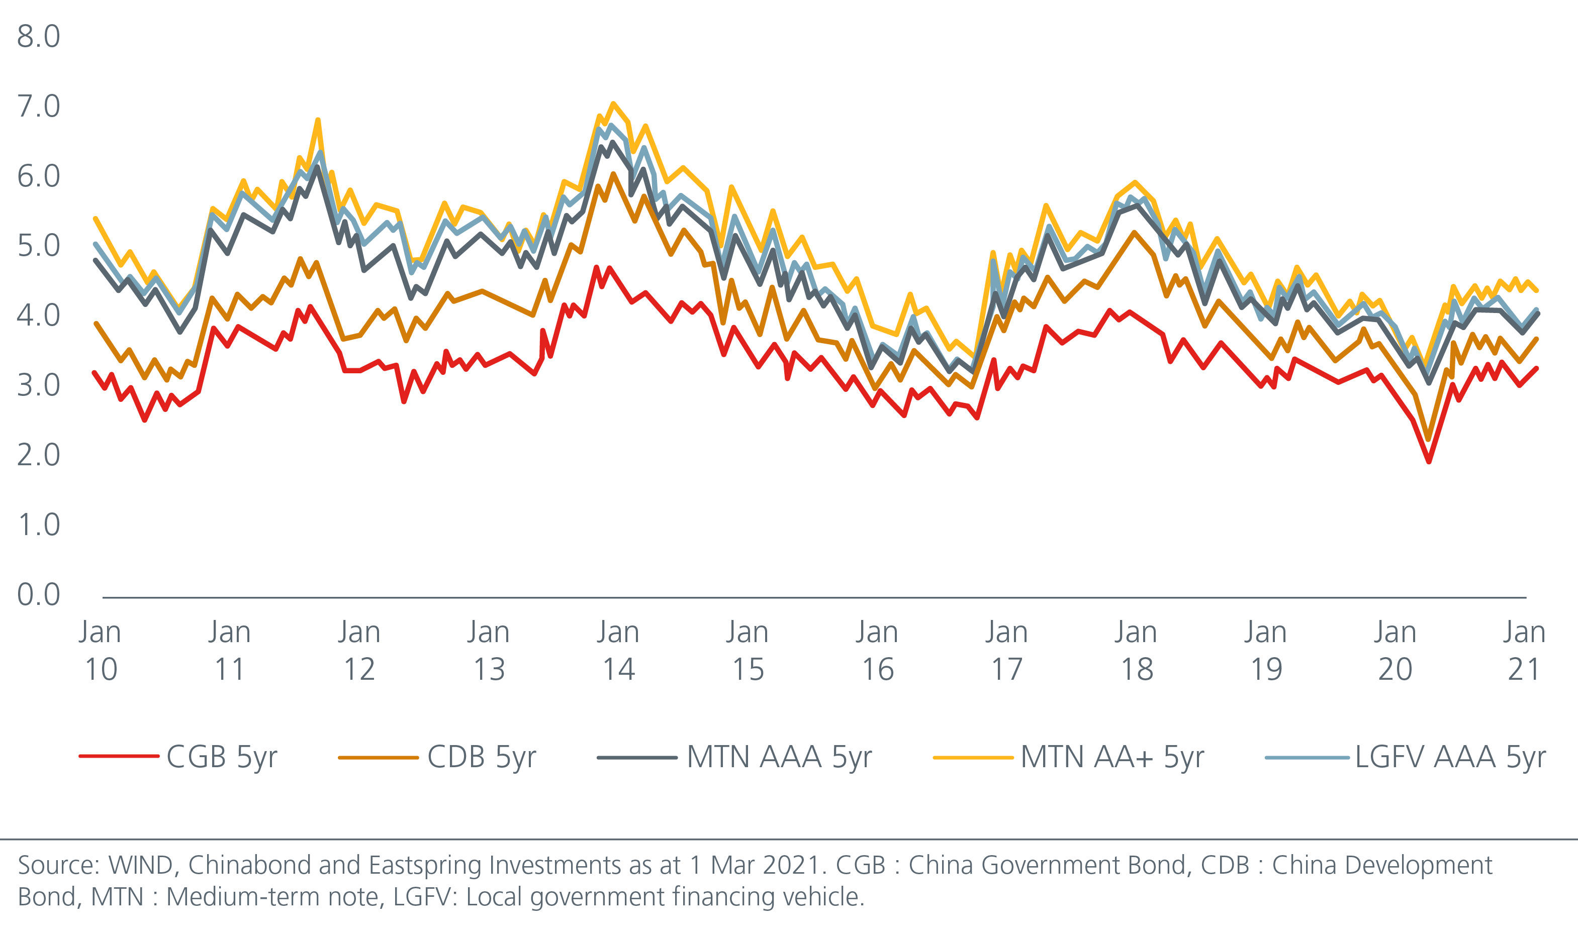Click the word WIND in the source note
(140, 866)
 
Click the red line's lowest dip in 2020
(1428, 462)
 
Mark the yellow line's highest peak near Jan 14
(613, 103)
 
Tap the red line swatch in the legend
(119, 756)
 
